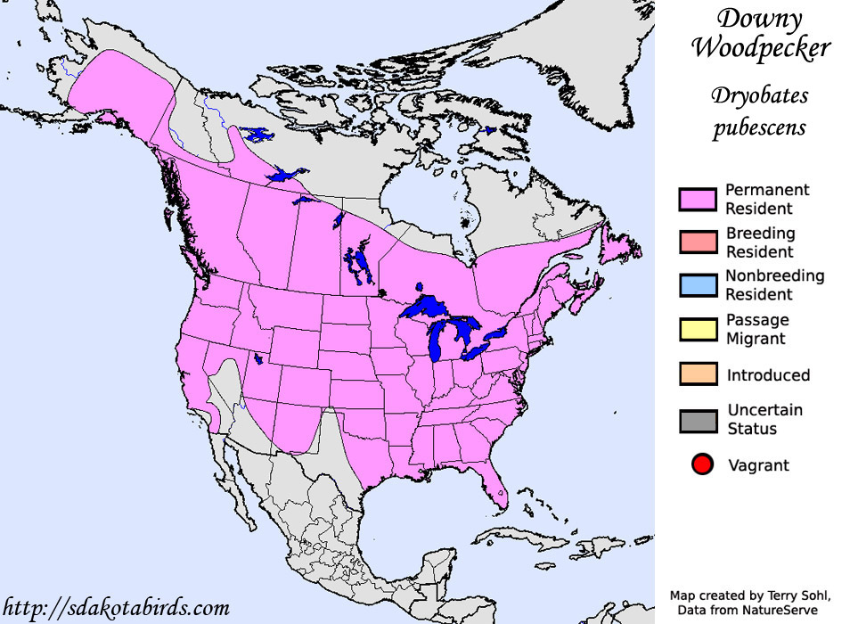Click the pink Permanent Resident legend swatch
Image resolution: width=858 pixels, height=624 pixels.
[698, 200]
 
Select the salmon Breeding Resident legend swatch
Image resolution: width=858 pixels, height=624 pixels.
[698, 242]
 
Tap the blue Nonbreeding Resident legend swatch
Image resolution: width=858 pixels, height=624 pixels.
[698, 285]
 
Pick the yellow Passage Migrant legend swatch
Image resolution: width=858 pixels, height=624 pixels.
[698, 329]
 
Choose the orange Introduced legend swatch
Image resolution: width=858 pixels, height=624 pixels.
[698, 374]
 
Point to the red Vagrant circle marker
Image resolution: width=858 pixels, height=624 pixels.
[702, 464]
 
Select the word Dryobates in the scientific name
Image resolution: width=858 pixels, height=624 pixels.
[759, 94]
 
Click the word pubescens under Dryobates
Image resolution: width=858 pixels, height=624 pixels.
[759, 127]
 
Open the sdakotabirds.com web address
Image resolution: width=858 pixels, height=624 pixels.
[115, 608]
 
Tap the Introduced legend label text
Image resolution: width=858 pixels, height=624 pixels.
[768, 375]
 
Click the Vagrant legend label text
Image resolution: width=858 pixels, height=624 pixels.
[757, 465]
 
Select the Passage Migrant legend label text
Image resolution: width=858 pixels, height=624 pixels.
[756, 329]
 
